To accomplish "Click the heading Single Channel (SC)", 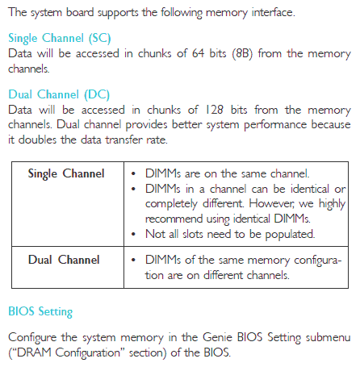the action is click(x=60, y=39).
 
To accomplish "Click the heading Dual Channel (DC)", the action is click(x=59, y=94).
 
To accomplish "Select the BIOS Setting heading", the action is click(x=40, y=312).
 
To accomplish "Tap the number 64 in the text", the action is click(x=198, y=53).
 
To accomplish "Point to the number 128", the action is click(x=215, y=110).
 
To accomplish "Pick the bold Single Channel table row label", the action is click(x=66, y=174).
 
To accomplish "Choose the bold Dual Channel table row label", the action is click(x=64, y=260).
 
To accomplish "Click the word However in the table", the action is click(x=271, y=204).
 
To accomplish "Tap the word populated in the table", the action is click(x=290, y=235).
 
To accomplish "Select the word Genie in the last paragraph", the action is click(x=217, y=337).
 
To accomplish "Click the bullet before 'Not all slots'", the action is click(x=133, y=235).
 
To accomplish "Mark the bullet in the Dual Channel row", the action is click(x=133, y=261).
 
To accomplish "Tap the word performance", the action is click(x=275, y=125).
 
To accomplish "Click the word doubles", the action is click(x=37, y=140).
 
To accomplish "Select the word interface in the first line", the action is click(x=273, y=13).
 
